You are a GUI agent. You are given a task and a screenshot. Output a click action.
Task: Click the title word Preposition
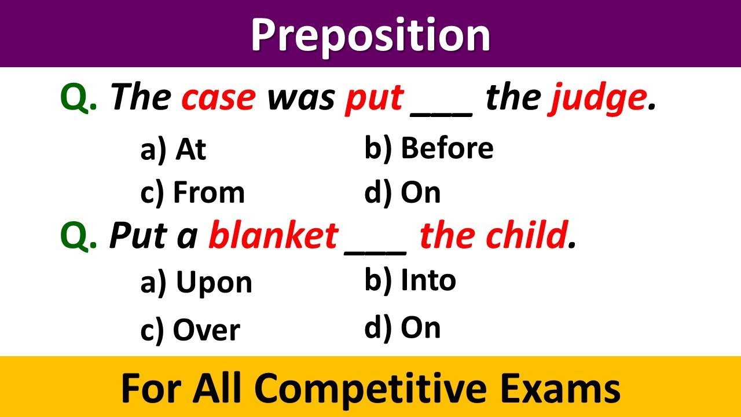click(370, 35)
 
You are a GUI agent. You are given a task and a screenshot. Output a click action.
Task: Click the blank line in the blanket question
click(375, 246)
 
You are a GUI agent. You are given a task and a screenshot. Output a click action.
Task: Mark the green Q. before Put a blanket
click(79, 236)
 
